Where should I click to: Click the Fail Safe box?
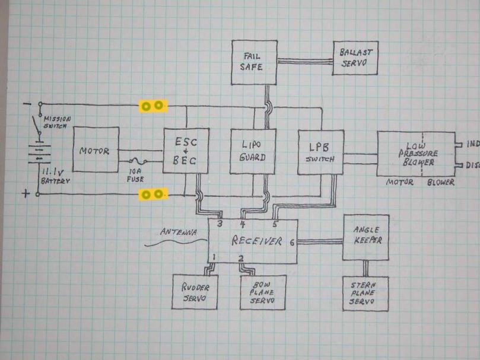[254, 62]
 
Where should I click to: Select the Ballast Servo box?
[355, 58]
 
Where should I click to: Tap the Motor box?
[96, 151]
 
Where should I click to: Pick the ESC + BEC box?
[186, 151]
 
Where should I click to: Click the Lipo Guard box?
[253, 151]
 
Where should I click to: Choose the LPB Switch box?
[320, 152]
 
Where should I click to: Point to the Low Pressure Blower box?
[415, 154]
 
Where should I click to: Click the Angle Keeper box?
[365, 237]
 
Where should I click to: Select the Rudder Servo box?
[195, 292]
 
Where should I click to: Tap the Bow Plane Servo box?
[263, 292]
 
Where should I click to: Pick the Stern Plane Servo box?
[365, 293]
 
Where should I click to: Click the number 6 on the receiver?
[291, 241]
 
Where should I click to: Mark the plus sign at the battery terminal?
[26, 194]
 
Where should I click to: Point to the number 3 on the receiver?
[220, 224]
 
